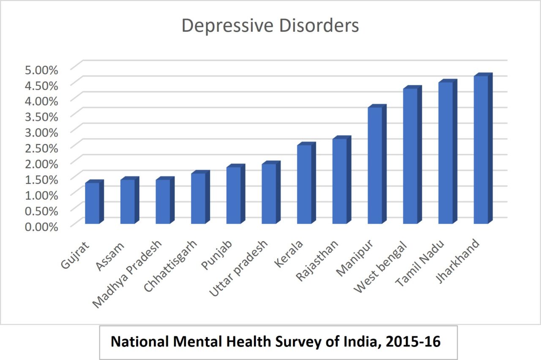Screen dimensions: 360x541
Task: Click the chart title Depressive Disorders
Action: tap(270, 25)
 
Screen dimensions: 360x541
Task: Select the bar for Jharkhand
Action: tap(481, 150)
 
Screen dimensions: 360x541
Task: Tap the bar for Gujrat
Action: tap(92, 203)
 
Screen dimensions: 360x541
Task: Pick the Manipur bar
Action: tap(375, 165)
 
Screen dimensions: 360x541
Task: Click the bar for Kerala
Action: tap(304, 184)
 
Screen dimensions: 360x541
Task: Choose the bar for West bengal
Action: tap(410, 156)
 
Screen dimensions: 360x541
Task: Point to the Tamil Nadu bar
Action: tap(445, 153)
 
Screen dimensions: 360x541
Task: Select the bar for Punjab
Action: tap(234, 195)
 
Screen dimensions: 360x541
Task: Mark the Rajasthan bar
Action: tap(339, 181)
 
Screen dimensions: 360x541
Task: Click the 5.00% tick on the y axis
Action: tap(41, 69)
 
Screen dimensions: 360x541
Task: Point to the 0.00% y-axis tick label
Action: tap(41, 226)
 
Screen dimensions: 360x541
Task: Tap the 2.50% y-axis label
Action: tap(41, 148)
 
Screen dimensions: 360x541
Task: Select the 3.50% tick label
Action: tap(41, 116)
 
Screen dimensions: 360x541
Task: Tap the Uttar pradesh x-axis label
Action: tap(239, 268)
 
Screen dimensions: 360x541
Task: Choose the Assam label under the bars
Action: tap(111, 253)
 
